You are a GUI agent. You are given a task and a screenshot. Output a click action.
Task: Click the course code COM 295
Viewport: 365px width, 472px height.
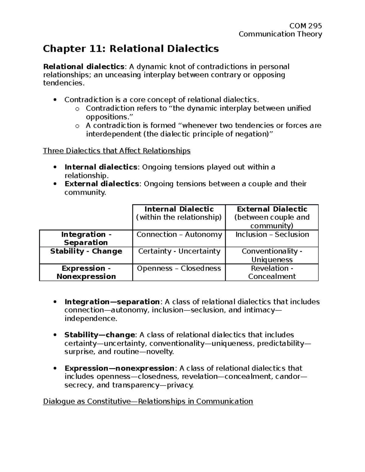(305, 26)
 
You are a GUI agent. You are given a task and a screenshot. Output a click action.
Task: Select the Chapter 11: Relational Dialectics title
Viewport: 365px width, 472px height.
(131, 49)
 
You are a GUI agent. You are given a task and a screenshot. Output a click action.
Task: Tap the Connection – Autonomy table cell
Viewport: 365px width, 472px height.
(179, 235)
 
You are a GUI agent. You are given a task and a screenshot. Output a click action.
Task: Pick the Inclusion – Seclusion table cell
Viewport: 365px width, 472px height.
(272, 235)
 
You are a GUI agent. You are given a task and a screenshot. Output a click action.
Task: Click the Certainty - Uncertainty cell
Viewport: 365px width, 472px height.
(179, 251)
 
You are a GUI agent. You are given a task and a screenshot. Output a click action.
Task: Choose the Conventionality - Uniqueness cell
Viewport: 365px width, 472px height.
(272, 255)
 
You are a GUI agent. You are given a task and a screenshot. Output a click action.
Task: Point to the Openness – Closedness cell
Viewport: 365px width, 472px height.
(179, 268)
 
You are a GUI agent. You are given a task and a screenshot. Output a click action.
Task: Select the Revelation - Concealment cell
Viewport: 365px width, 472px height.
(272, 272)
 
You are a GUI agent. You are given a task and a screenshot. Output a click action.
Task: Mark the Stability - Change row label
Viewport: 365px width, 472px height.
(86, 251)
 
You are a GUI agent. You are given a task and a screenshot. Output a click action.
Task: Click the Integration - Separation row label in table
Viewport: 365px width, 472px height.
(86, 239)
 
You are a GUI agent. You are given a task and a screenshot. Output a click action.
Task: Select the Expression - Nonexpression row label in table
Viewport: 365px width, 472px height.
(86, 272)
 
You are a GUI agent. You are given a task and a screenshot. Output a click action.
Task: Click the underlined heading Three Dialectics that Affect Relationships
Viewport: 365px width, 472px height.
(117, 151)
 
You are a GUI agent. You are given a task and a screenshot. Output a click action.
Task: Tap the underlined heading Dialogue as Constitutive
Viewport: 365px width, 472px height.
(148, 401)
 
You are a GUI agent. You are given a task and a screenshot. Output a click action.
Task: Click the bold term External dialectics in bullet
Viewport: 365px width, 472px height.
(102, 184)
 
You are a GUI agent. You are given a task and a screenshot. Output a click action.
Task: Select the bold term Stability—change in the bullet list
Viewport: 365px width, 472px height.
(100, 335)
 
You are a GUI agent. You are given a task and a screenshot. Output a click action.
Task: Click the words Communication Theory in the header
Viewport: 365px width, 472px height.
(280, 34)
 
